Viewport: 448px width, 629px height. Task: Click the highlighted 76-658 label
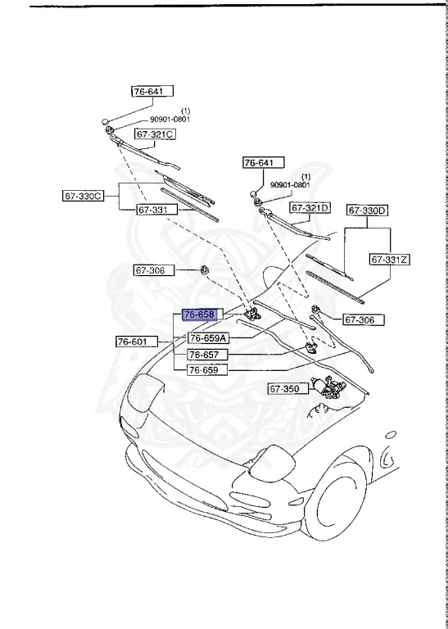[199, 314]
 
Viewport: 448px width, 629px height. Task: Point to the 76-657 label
[206, 354]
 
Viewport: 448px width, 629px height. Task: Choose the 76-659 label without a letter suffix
[206, 369]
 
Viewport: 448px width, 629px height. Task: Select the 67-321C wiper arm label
[156, 133]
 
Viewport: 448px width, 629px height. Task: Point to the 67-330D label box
[368, 210]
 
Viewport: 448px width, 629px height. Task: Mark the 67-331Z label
[389, 259]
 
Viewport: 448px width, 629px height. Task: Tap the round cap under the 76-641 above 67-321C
[106, 122]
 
